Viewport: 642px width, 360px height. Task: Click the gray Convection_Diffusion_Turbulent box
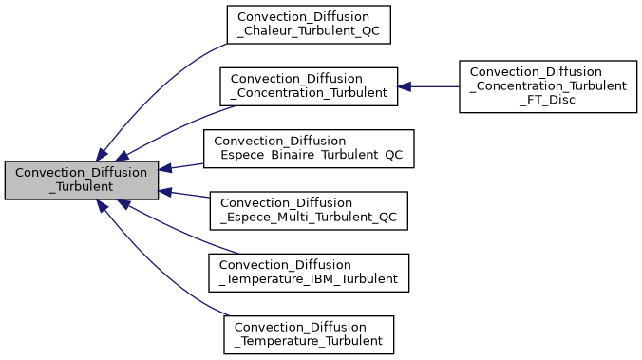(x=81, y=180)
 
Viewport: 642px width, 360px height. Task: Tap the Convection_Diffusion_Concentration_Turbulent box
(x=308, y=85)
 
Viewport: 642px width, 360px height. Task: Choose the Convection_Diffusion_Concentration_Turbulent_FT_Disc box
(x=548, y=86)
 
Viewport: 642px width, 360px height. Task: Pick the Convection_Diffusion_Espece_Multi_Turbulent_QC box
(x=309, y=211)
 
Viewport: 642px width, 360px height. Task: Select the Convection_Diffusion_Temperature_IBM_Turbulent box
(x=309, y=273)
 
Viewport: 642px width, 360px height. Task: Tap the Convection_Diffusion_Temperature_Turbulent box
(x=309, y=334)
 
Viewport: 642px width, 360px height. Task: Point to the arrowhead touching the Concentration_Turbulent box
(x=404, y=86)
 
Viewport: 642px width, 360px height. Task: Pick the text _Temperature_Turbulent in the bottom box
(x=309, y=342)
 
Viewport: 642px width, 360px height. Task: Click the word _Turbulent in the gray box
(x=81, y=187)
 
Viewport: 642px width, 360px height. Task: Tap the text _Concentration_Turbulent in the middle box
(x=308, y=93)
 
